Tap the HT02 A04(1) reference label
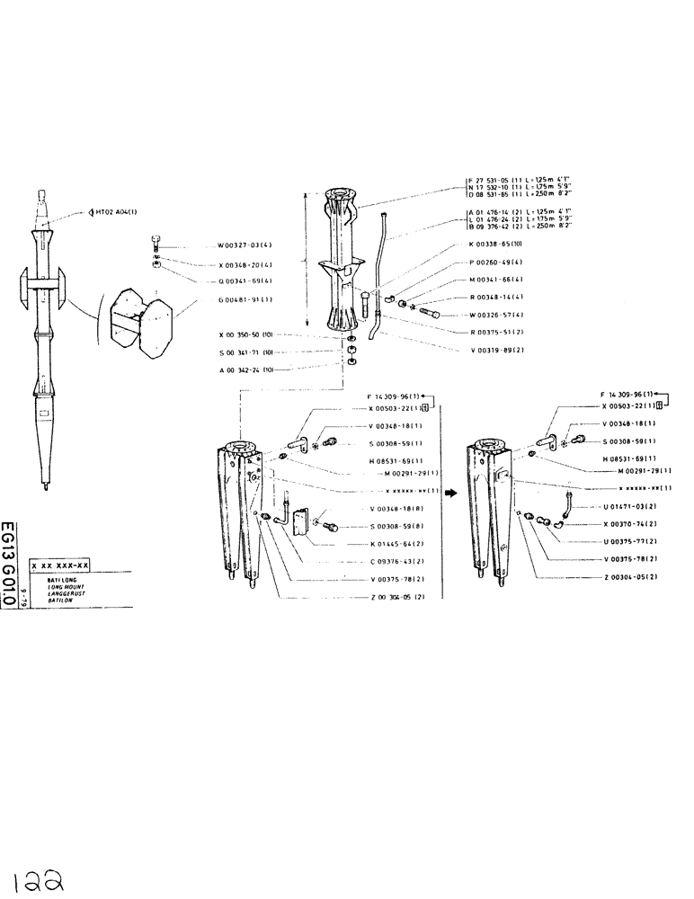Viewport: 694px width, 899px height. click(x=117, y=212)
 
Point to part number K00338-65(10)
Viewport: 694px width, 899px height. click(x=496, y=244)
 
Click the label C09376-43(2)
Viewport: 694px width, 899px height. click(x=396, y=561)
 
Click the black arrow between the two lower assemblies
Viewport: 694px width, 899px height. click(x=451, y=493)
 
